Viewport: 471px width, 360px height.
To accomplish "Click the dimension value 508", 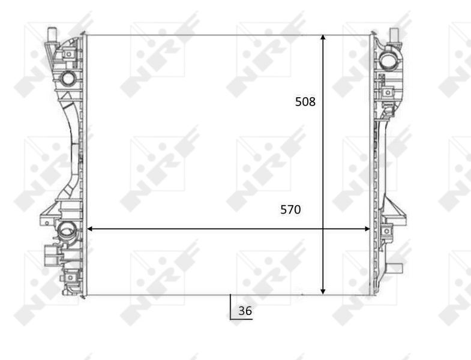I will click(305, 102).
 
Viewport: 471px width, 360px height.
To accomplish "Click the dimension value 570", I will click(290, 210).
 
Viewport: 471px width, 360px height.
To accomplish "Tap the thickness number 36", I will click(245, 311).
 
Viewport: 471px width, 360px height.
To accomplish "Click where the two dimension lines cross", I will click(323, 229).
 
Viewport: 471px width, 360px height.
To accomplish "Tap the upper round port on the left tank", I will click(68, 77).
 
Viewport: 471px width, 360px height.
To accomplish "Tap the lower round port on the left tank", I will click(67, 229).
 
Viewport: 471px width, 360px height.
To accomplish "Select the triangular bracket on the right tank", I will click(394, 211).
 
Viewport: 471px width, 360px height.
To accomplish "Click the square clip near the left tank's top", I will click(69, 55).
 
